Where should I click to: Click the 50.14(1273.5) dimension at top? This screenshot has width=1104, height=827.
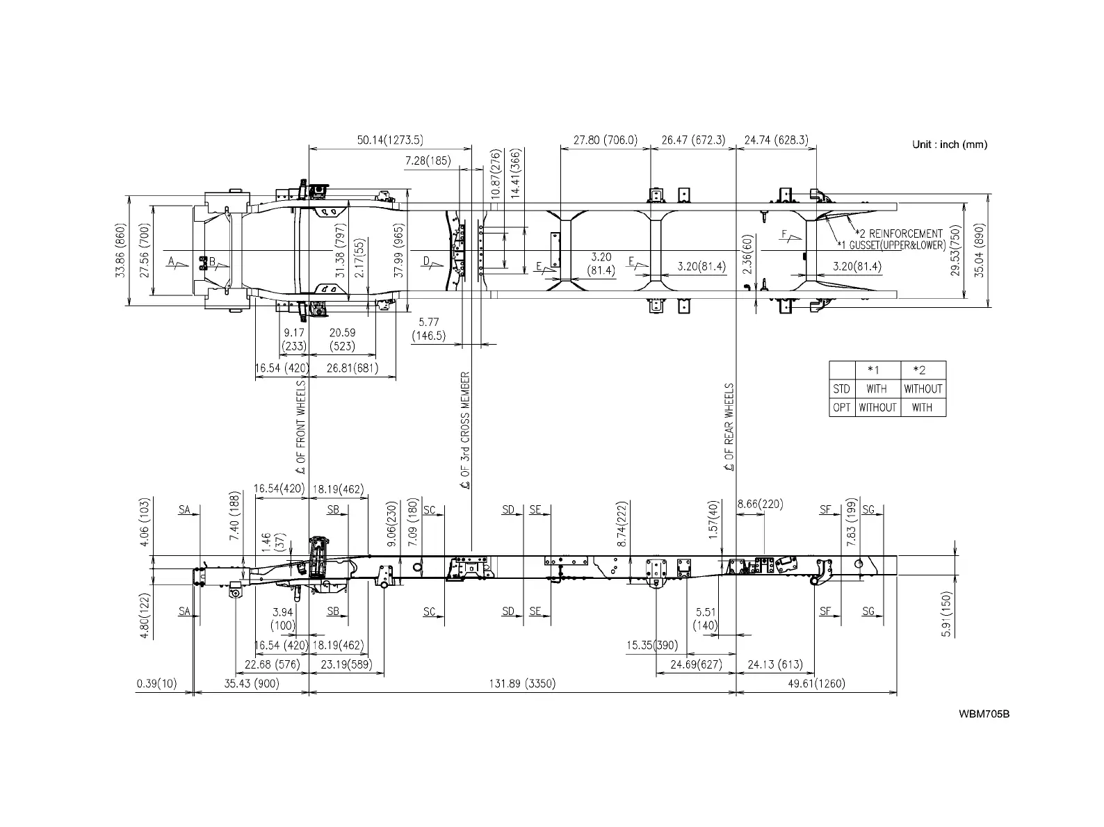click(390, 140)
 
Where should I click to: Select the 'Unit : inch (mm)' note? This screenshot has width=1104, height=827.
click(949, 145)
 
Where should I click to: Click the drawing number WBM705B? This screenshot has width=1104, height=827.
click(984, 714)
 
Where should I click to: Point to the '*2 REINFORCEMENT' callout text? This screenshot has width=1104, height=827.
click(898, 234)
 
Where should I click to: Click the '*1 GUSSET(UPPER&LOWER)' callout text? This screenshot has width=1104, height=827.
click(891, 245)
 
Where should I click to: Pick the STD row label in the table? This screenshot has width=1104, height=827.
click(841, 389)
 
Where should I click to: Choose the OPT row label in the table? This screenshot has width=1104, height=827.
click(841, 407)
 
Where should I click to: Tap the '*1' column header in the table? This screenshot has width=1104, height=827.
click(877, 370)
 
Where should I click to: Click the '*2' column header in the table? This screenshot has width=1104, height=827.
click(922, 370)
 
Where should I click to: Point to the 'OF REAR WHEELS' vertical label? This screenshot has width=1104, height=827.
click(729, 427)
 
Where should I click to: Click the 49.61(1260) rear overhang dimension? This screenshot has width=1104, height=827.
click(817, 684)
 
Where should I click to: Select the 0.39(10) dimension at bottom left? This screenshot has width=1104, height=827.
click(156, 684)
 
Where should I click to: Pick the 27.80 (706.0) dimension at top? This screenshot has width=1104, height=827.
click(605, 140)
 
